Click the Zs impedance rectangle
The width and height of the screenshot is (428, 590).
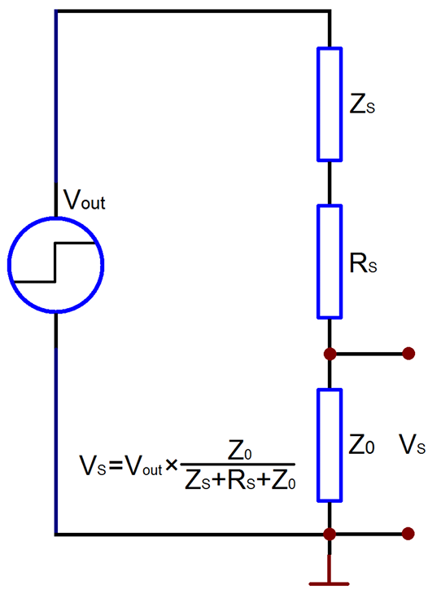(318, 104)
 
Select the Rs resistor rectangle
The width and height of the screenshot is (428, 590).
(318, 262)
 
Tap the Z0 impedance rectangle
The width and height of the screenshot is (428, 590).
(318, 445)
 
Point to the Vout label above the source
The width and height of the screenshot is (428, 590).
(85, 200)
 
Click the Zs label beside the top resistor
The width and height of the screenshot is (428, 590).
(362, 105)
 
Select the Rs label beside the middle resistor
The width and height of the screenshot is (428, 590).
(363, 263)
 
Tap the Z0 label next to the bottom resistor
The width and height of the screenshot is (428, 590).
(361, 445)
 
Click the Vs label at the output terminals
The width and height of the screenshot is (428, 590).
(412, 445)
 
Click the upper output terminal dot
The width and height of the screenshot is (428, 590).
(408, 354)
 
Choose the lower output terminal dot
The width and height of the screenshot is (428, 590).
(408, 534)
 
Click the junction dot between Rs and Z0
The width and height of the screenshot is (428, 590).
(330, 354)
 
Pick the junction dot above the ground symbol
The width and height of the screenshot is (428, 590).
(330, 534)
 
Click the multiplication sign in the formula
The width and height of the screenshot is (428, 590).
(172, 466)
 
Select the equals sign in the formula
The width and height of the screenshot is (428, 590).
(116, 467)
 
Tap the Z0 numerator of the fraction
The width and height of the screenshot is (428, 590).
(240, 451)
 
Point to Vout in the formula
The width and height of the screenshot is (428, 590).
(143, 467)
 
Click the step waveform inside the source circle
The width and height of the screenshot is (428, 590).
(55, 262)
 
